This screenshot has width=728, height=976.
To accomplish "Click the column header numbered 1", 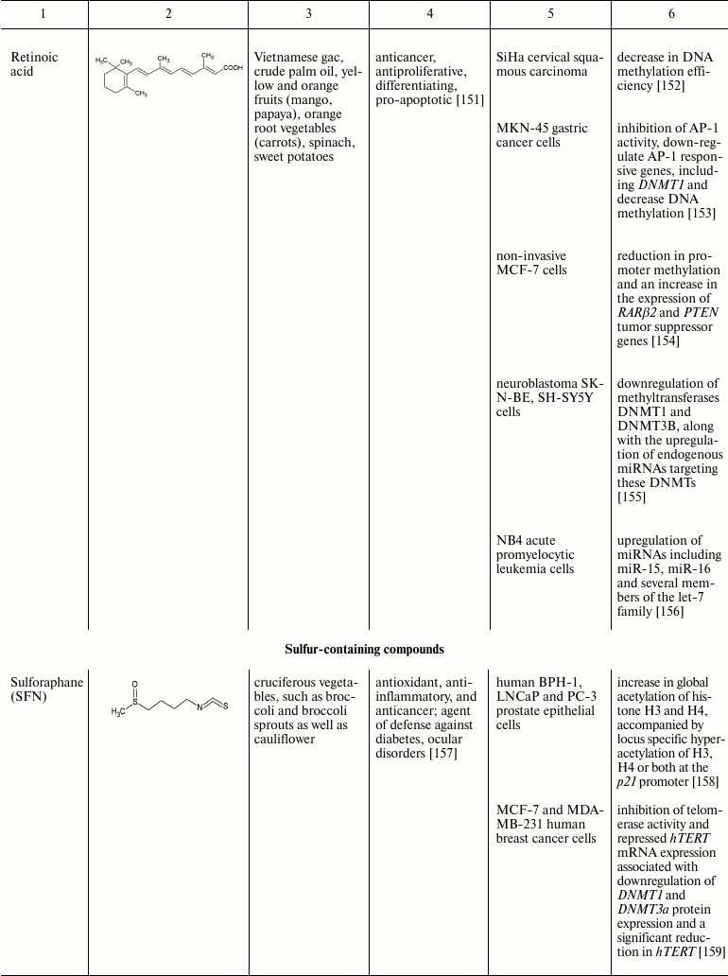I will pyautogui.click(x=44, y=14).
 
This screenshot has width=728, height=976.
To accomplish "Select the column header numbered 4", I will pyautogui.click(x=430, y=14).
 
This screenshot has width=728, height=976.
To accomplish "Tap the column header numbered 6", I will pyautogui.click(x=669, y=14).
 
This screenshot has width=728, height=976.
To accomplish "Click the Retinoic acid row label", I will pyautogui.click(x=34, y=64).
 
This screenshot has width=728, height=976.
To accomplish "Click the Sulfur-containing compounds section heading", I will pyautogui.click(x=364, y=649).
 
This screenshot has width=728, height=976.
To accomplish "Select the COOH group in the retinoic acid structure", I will pyautogui.click(x=233, y=67).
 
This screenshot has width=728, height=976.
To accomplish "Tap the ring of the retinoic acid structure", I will pyautogui.click(x=115, y=79).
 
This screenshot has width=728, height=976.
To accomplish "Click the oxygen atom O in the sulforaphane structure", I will pyautogui.click(x=135, y=682).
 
